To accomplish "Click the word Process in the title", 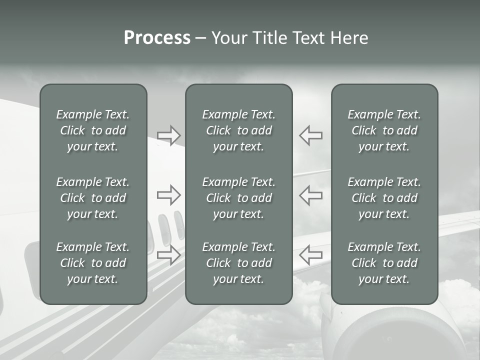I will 157,38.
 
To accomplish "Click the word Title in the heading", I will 268,38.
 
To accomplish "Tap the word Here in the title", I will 349,38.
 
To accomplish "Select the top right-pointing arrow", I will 169,135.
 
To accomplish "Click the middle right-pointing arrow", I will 169,195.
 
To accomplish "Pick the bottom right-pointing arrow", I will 169,255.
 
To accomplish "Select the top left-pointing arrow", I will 310,135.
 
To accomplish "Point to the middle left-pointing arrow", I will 310,195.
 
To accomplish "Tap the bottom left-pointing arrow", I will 310,255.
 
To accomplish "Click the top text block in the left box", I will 93,130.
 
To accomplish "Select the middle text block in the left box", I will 93,198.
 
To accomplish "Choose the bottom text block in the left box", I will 93,263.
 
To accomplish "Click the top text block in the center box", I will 238,130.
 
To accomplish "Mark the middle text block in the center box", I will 238,198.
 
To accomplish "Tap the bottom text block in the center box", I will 238,263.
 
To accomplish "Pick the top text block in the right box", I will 384,130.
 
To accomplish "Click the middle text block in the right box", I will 384,198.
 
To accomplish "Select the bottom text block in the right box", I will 384,263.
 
